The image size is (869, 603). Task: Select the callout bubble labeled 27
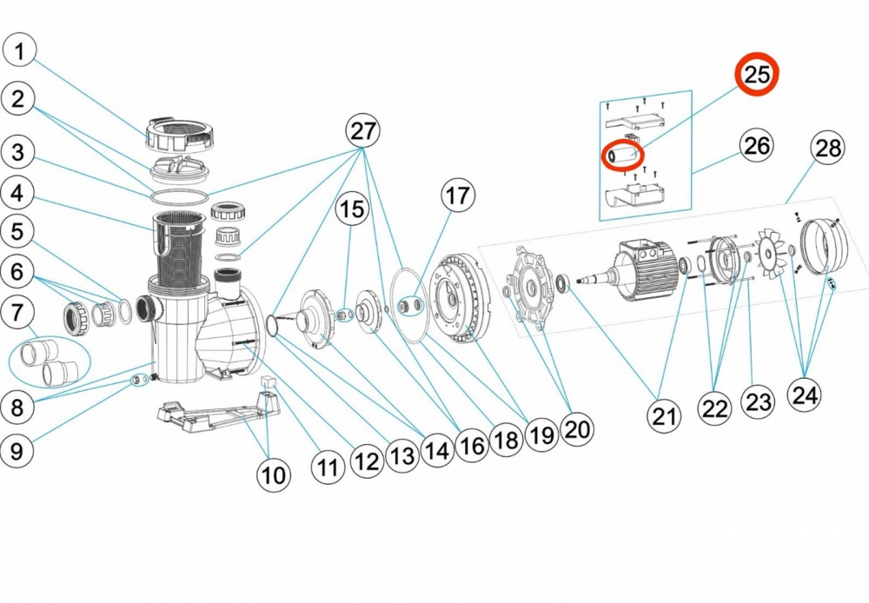tap(363, 131)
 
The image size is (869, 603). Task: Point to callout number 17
tap(458, 196)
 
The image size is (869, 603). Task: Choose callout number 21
tap(665, 417)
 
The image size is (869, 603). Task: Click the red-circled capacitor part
tap(625, 156)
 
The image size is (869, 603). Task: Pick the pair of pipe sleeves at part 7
tap(50, 361)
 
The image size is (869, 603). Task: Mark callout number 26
tap(757, 145)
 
